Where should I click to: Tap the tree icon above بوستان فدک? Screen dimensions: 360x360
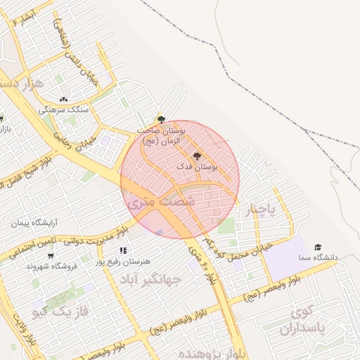196,155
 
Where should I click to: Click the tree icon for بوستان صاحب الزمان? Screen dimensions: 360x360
161,120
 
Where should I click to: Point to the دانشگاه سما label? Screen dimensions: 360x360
317,258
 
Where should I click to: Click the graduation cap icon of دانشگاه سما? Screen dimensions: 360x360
318,247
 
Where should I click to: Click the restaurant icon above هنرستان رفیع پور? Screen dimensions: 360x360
123,250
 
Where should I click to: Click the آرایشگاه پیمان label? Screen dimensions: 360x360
34,224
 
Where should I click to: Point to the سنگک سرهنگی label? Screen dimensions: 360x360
64,110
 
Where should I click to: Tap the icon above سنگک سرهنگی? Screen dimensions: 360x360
64,100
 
